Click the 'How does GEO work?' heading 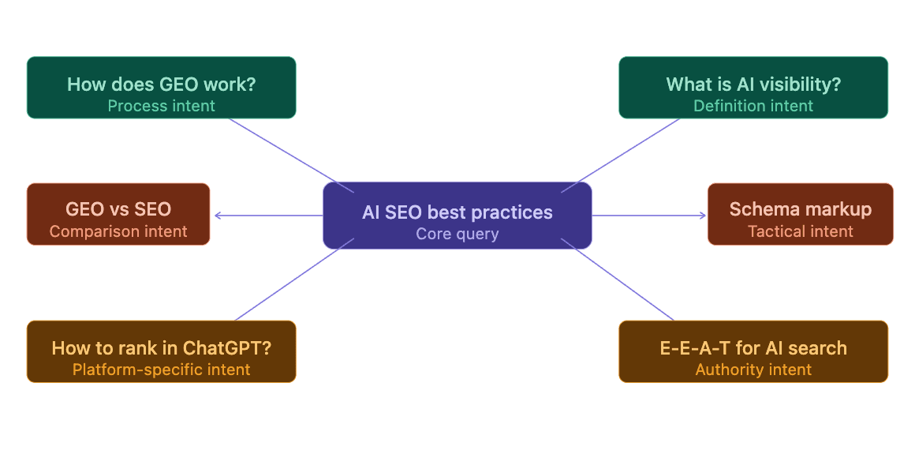(x=162, y=84)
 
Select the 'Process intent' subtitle (x=162, y=107)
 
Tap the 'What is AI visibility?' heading (x=753, y=84)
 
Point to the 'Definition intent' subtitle (x=753, y=107)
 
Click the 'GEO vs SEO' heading (x=118, y=209)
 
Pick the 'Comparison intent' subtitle (x=118, y=231)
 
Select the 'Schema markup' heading (x=801, y=209)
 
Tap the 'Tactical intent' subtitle (x=801, y=231)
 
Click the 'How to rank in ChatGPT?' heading (x=162, y=348)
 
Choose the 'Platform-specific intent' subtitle (x=162, y=370)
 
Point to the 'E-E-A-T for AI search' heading (x=753, y=348)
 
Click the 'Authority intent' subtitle (x=753, y=370)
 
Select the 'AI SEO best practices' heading (x=458, y=212)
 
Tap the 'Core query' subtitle (x=458, y=235)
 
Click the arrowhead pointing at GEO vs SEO (x=217, y=216)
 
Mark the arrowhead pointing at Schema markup (x=703, y=216)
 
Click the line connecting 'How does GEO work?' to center (x=292, y=156)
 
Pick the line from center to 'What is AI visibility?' (x=620, y=156)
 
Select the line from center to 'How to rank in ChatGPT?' (x=295, y=280)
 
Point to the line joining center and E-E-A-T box (x=618, y=280)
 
